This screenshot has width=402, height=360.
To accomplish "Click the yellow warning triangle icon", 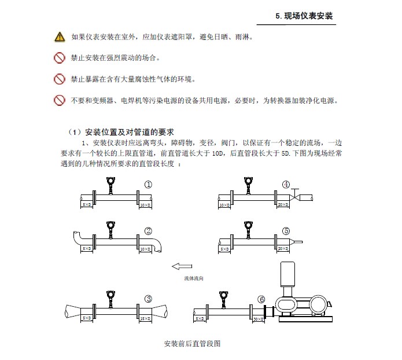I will [x=60, y=37].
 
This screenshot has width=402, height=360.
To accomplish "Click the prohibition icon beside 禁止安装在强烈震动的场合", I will [x=60, y=58].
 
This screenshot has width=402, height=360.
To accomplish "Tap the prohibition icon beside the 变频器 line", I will [x=60, y=100].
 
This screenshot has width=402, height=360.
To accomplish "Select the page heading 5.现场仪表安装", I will [x=304, y=16].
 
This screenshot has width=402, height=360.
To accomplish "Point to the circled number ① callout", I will [x=149, y=185].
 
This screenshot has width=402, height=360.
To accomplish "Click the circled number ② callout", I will [x=149, y=231].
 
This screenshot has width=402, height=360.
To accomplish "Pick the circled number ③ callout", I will [x=149, y=299].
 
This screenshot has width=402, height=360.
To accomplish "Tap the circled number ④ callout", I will [x=286, y=185].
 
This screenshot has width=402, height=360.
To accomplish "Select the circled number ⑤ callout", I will [x=286, y=231].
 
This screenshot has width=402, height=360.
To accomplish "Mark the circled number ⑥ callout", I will [x=261, y=299].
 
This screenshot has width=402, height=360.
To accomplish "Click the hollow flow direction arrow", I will [x=182, y=267].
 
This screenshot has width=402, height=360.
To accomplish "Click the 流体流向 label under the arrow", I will [x=194, y=278].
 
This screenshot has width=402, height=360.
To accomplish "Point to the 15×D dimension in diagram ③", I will [x=145, y=319].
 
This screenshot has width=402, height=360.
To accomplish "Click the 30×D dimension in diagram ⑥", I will [x=258, y=319].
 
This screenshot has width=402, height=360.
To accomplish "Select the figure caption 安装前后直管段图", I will [x=193, y=343].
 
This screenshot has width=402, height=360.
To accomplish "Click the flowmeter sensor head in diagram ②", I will [x=109, y=226].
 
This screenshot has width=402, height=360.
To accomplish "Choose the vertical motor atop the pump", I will [x=287, y=278].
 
